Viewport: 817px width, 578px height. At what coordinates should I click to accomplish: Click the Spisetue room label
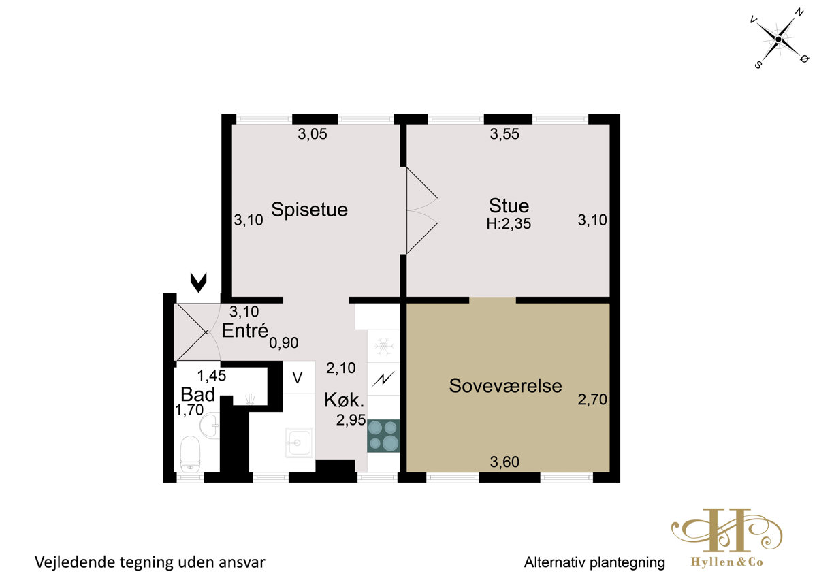pos(309,210)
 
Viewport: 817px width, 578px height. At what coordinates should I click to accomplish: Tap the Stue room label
pos(509,206)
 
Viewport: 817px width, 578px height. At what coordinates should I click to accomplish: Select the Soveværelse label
pos(505,386)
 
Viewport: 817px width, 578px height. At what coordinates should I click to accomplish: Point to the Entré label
pos(244,330)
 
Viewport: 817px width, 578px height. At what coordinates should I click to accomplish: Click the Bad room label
pos(198,394)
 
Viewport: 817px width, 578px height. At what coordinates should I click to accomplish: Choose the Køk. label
pos(344,400)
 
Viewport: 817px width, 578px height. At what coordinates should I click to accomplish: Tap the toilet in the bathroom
pos(190,454)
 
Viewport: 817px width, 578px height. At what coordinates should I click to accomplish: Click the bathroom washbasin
pos(210,426)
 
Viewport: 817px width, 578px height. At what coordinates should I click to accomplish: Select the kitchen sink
pos(299,443)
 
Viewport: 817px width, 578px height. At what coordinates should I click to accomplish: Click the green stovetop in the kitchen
pos(383,436)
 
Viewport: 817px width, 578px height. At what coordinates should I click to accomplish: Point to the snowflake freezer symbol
pos(383,347)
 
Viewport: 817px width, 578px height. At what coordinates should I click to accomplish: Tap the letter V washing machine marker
pos(298,378)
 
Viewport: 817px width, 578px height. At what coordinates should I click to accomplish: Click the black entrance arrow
pos(198,283)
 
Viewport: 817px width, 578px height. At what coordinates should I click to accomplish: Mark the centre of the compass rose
pos(778,39)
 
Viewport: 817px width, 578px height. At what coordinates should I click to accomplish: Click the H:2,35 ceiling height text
pos(509,223)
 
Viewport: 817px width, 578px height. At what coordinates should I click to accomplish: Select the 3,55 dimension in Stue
pos(504,134)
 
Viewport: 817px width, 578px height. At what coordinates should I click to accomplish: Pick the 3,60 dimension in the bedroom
pos(504,462)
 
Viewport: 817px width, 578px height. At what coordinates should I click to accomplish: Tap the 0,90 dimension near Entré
pos(284,343)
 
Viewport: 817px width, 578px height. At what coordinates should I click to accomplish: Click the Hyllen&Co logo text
pos(727,562)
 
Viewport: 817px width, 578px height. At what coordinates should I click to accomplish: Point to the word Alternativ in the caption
pos(555,562)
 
